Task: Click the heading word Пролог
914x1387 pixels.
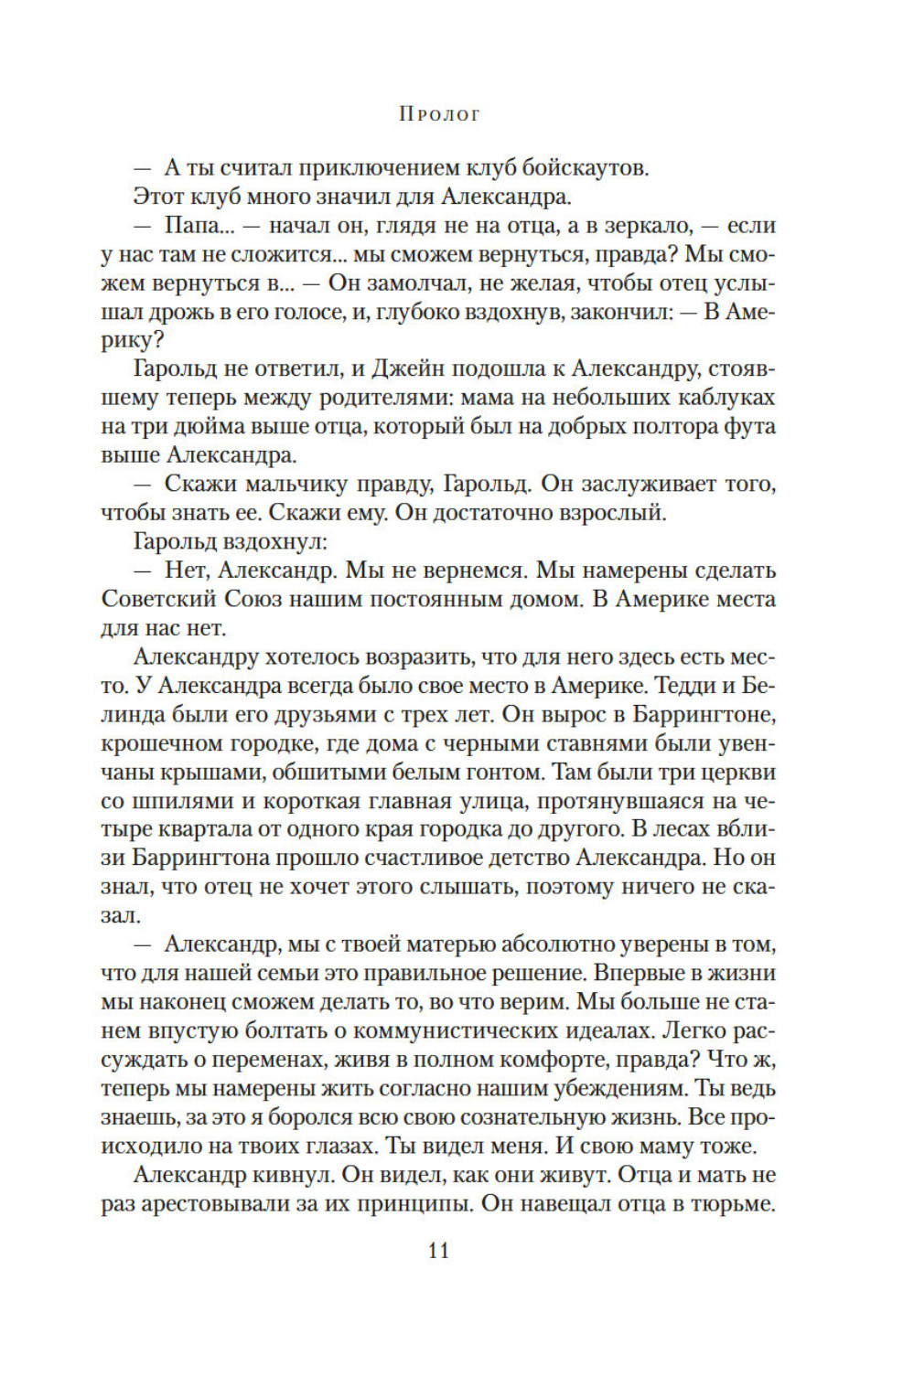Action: click(x=439, y=114)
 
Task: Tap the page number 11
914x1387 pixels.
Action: click(x=438, y=1251)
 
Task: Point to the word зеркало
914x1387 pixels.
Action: click(x=642, y=226)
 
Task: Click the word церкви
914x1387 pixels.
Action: click(x=739, y=773)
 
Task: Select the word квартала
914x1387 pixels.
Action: click(x=216, y=830)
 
